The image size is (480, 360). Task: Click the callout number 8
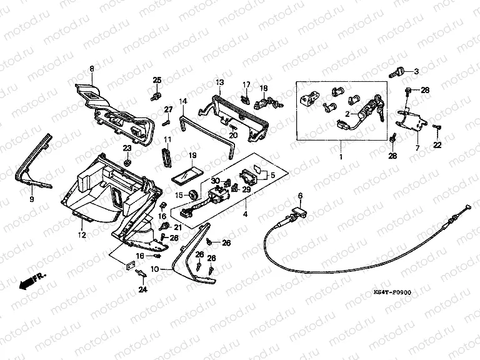(91, 68)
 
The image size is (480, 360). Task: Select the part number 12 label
(81, 236)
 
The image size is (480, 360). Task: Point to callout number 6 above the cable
(301, 196)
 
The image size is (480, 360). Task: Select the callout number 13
(220, 82)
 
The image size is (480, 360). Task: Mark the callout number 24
(153, 271)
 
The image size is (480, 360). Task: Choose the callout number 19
(192, 155)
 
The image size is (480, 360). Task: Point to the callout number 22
(437, 145)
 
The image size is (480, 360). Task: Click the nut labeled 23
(127, 162)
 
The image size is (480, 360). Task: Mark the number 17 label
(246, 85)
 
